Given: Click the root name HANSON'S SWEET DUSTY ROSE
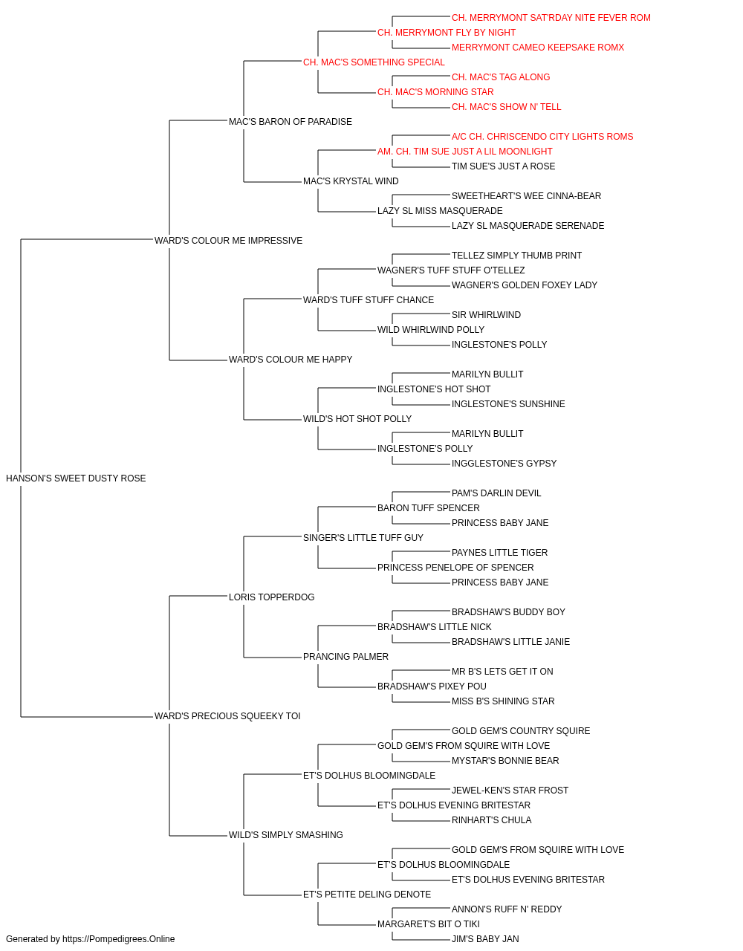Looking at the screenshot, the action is (x=76, y=478).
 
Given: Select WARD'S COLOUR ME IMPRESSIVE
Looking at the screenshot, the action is (x=228, y=241).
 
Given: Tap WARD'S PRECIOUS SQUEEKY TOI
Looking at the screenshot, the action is (x=227, y=716).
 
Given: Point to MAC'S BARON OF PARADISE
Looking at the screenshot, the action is (x=290, y=122).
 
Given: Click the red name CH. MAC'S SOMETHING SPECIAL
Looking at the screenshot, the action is (x=374, y=62).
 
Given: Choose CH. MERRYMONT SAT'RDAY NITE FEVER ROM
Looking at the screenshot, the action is (x=551, y=18).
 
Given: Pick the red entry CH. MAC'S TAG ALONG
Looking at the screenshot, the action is (x=501, y=77).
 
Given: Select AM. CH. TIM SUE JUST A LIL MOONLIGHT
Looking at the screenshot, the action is (x=464, y=152).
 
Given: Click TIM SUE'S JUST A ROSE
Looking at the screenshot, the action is (x=503, y=166).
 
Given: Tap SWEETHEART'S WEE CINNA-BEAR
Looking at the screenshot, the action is (x=526, y=196).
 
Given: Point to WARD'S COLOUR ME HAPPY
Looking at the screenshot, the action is (x=291, y=360).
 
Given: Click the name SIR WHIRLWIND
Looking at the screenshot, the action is (x=486, y=315).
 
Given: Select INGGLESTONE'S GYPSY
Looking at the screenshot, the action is (x=504, y=464).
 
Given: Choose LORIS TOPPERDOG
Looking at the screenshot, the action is (x=272, y=597).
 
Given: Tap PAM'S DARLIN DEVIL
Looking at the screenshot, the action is (x=496, y=493).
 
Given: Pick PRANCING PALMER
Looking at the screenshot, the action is (x=345, y=657).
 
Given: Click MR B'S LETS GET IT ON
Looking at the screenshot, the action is (x=502, y=672).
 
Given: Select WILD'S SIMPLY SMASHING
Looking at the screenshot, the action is (x=286, y=834).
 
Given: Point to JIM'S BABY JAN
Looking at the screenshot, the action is (x=485, y=939).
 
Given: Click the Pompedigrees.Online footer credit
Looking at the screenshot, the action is (x=90, y=939).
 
